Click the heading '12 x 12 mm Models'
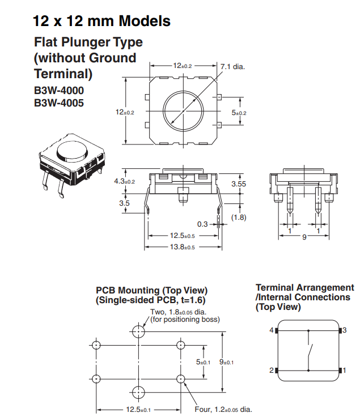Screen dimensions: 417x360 [x=101, y=22]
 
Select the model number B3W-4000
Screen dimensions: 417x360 [x=59, y=91]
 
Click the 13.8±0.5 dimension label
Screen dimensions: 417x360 [x=183, y=247]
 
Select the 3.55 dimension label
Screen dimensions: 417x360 [x=239, y=184]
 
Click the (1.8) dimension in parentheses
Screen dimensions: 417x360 [x=239, y=217]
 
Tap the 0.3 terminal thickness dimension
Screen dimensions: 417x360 [x=203, y=224]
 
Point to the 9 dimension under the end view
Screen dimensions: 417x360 [x=304, y=238]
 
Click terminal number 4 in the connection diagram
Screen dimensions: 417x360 [x=271, y=330]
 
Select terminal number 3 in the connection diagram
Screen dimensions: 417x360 [x=344, y=330]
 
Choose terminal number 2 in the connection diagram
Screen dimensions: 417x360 [x=271, y=370]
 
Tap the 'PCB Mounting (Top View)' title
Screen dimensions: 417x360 [x=151, y=291]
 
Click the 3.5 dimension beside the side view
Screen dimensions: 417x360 [x=125, y=203]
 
